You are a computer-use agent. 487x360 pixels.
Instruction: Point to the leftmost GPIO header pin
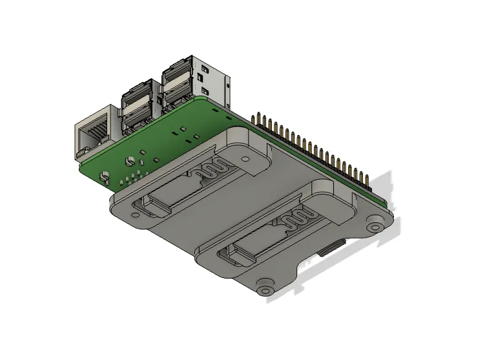pyautogui.click(x=253, y=118)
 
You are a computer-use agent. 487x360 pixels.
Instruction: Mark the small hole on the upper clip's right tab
pyautogui.click(x=246, y=158)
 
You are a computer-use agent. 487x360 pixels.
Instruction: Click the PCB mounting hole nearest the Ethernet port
pyautogui.click(x=103, y=175)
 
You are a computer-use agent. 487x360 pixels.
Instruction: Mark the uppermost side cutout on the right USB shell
pyautogui.click(x=205, y=67)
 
